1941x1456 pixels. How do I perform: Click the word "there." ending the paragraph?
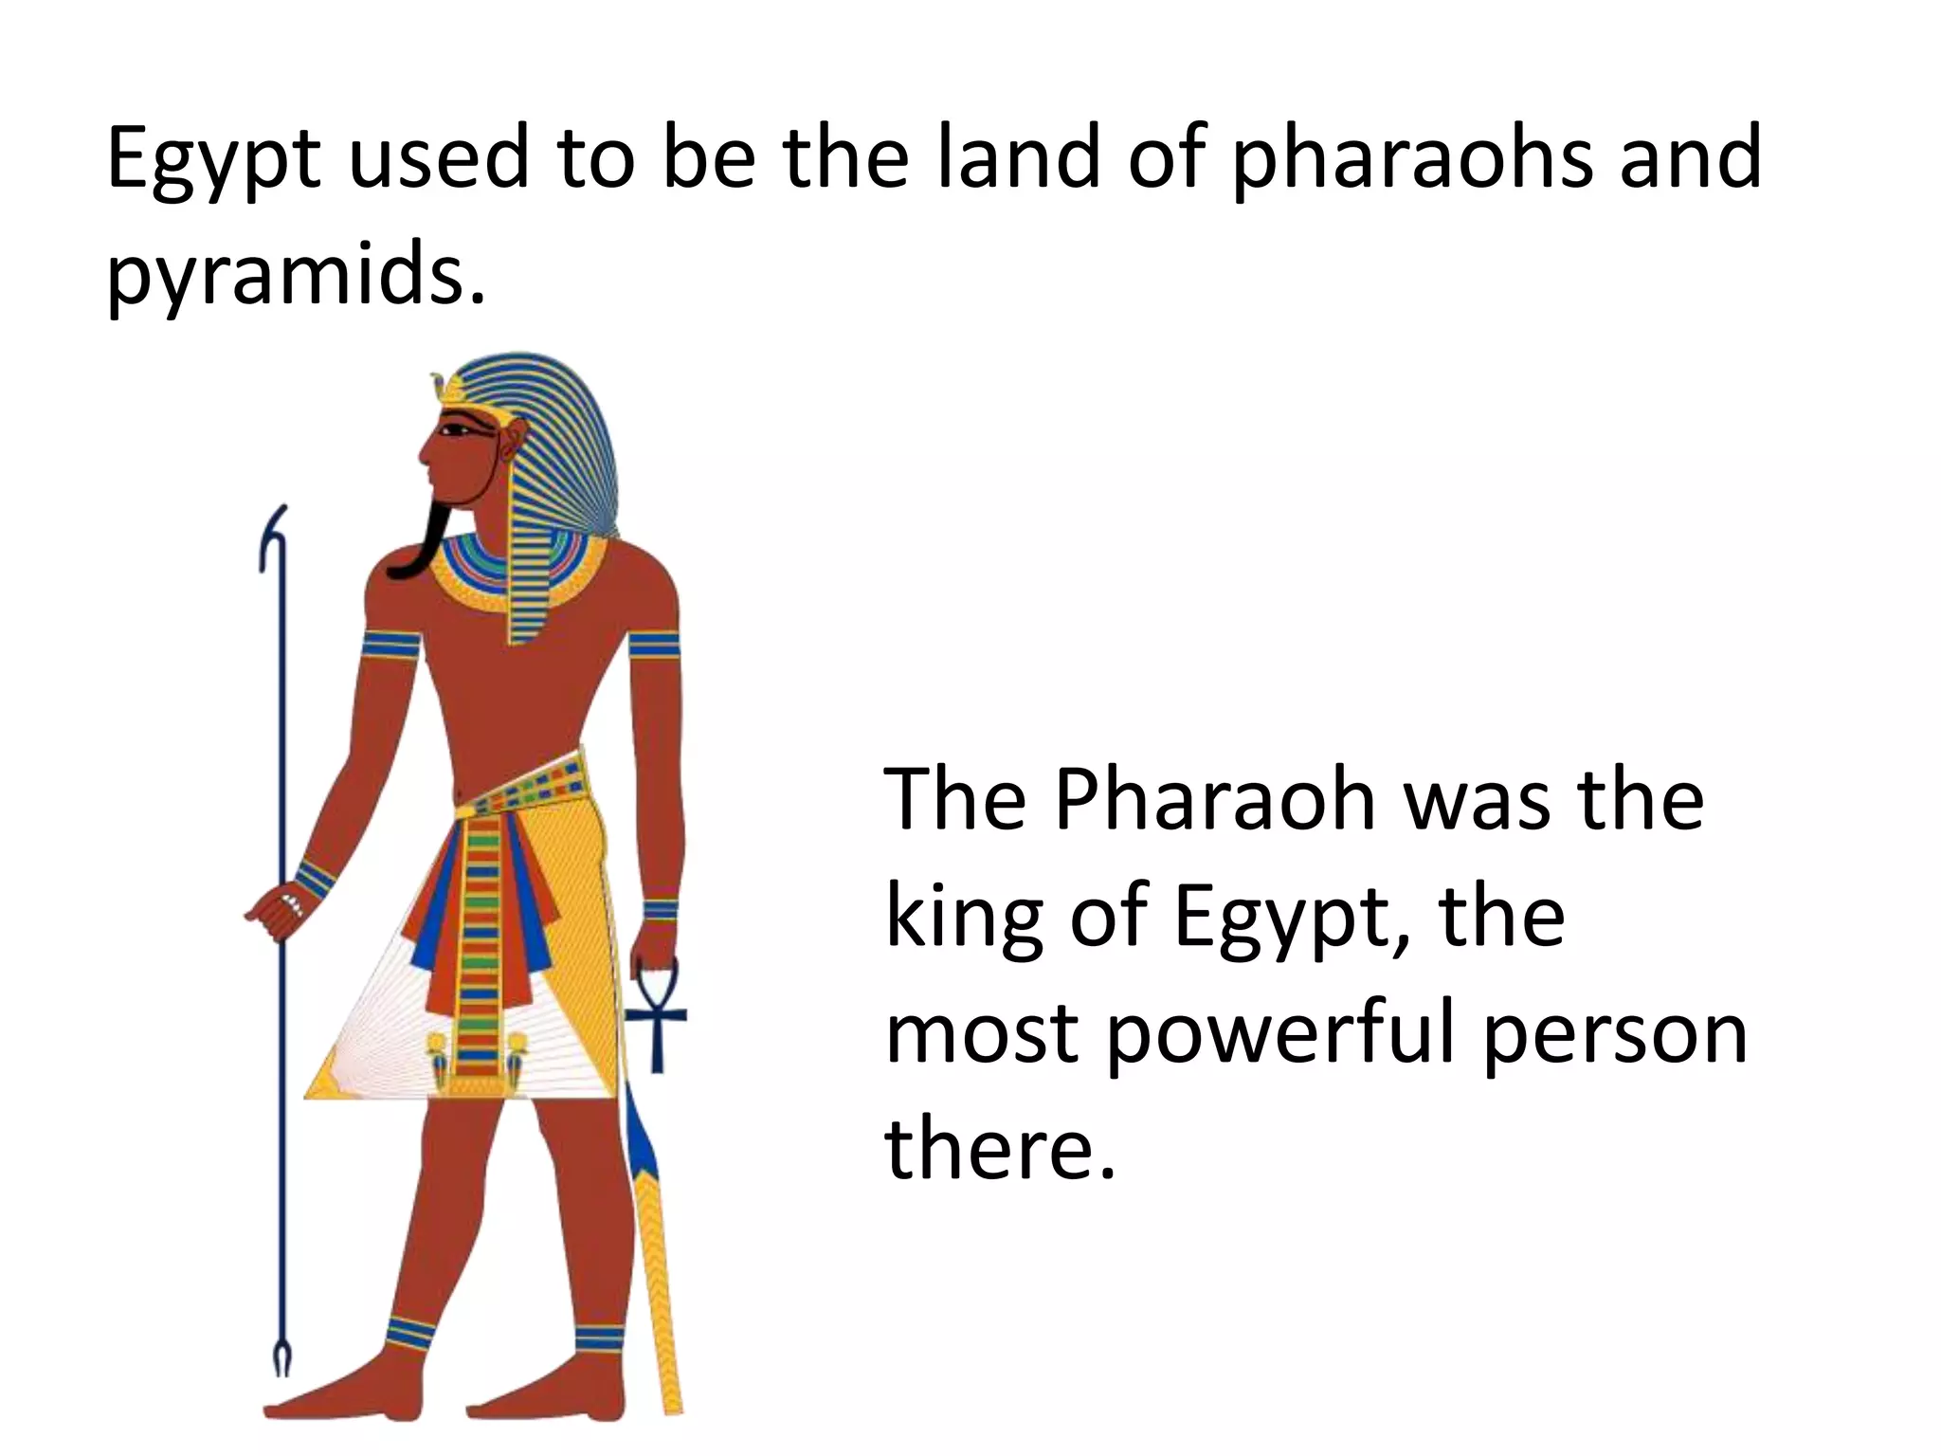point(999,1149)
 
